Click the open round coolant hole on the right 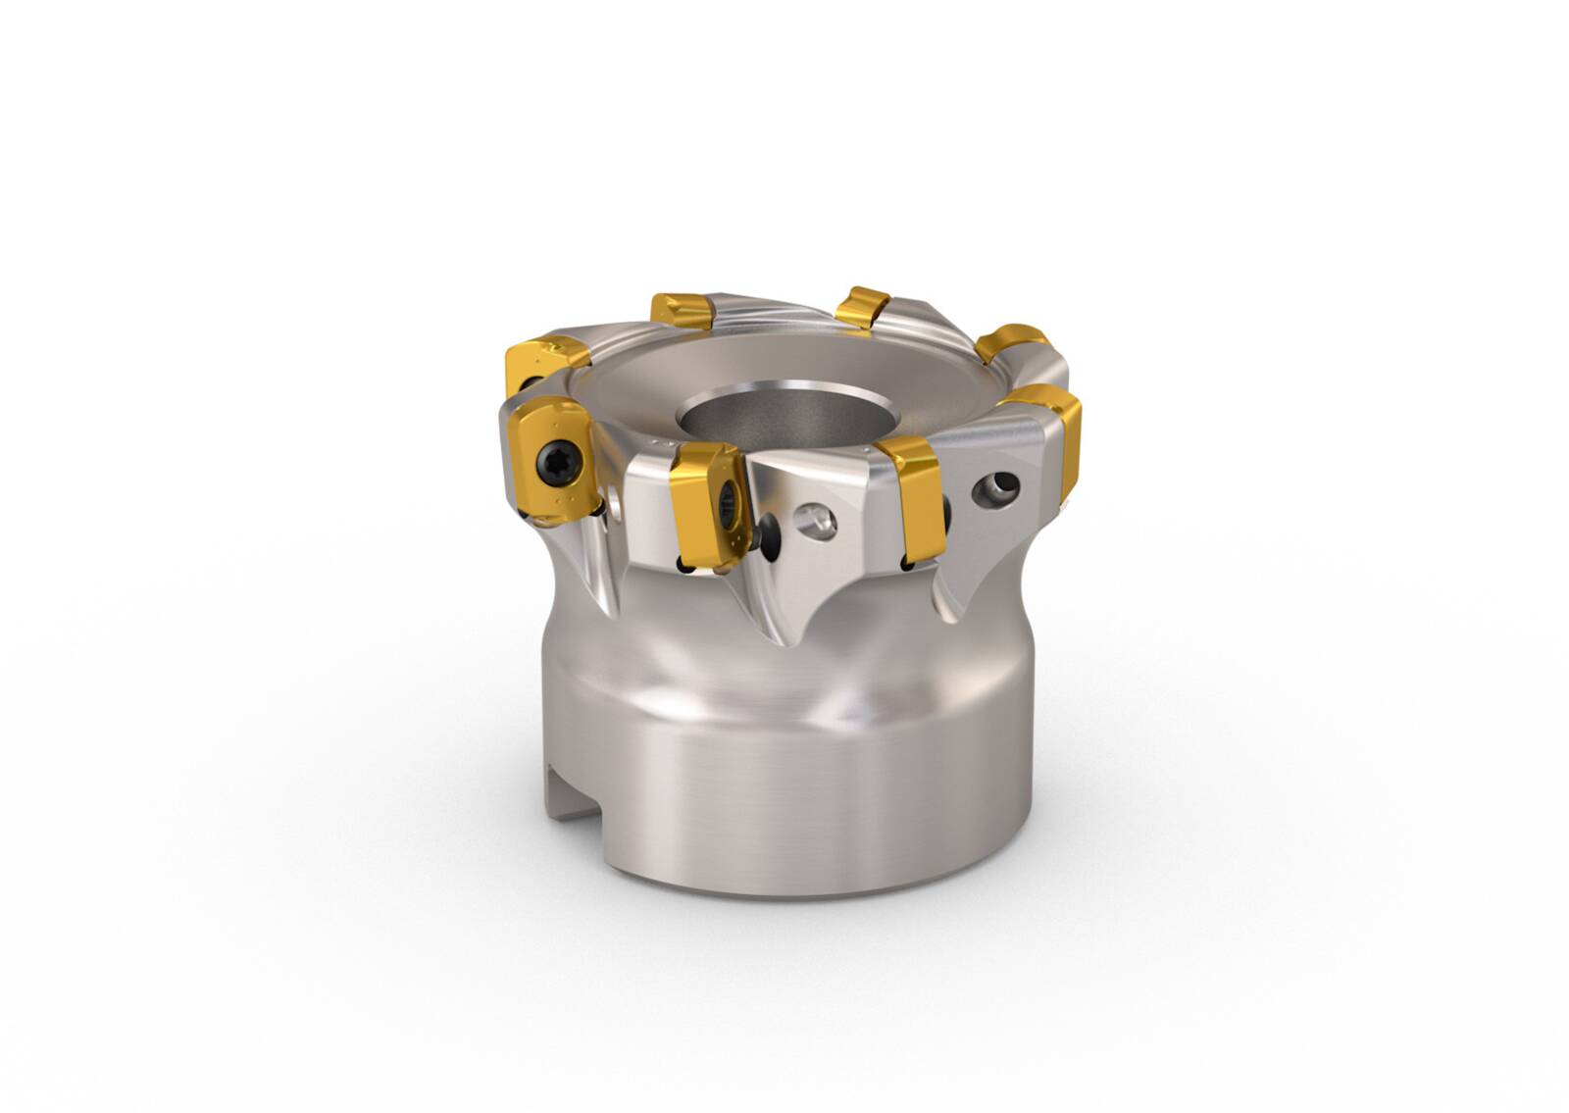pos(992,488)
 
